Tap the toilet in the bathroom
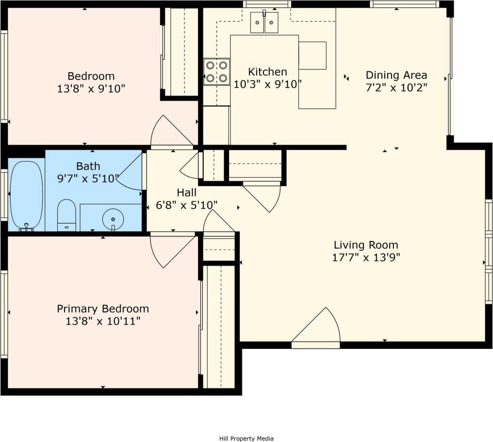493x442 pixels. coord(66,215)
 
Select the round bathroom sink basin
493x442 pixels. coord(113,218)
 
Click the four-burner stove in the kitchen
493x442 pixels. coord(216,72)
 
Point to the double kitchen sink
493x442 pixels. coord(264,22)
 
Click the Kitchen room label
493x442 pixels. coord(267,72)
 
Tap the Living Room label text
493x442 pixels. coord(365,245)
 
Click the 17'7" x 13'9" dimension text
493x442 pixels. coord(365,257)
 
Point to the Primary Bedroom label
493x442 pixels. coord(103,309)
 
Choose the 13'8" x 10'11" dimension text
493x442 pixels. coord(103,321)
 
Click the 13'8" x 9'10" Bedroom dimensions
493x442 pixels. coord(91,88)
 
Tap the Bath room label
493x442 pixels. coord(88,166)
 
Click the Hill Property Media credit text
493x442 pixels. coord(246,439)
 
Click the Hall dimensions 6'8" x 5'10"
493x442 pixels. coord(186,205)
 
